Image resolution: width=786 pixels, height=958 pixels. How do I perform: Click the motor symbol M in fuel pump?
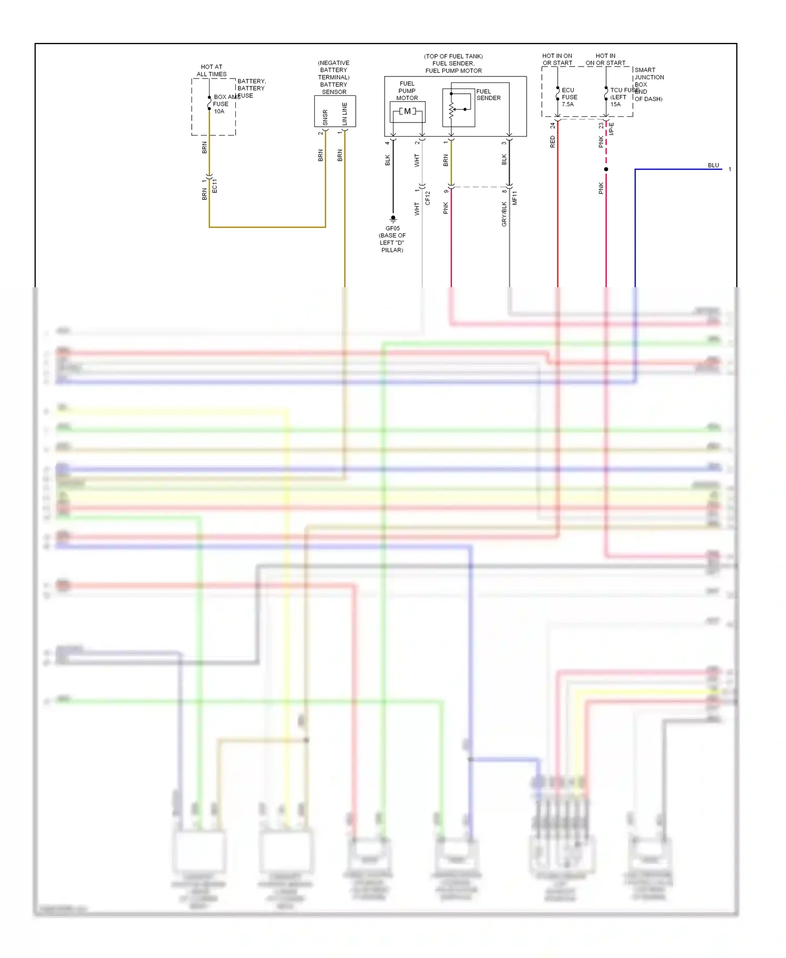tap(408, 111)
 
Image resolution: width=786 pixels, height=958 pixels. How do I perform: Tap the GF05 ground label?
tap(392, 228)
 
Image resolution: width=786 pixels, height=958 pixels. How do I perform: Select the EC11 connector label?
tap(215, 186)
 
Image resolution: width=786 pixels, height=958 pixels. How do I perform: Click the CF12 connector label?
tap(428, 198)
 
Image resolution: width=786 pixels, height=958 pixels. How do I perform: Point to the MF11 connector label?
tap(515, 198)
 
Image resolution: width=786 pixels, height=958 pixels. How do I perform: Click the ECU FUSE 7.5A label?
tap(569, 97)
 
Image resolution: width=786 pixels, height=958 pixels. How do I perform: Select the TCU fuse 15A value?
tap(615, 104)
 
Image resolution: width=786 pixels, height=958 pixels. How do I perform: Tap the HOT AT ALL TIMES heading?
tap(212, 70)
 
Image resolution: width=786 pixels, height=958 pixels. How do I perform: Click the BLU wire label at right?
tap(713, 165)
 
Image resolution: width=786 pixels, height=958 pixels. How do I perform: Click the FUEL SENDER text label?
tap(488, 95)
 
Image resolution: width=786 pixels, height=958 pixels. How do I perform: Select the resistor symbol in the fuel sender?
tap(451, 110)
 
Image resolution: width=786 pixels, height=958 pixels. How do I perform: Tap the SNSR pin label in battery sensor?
tap(325, 117)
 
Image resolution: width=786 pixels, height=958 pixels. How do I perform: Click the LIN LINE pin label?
tap(344, 113)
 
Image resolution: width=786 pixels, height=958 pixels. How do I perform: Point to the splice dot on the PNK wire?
tap(606, 169)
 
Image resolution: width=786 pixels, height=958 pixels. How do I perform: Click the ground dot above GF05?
tap(393, 217)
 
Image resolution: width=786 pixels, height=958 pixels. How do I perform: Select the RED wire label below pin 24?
tap(552, 141)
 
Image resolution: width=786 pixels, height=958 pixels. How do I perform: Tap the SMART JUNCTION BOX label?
tap(649, 77)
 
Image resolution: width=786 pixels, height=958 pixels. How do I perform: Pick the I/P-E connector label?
tap(612, 129)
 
